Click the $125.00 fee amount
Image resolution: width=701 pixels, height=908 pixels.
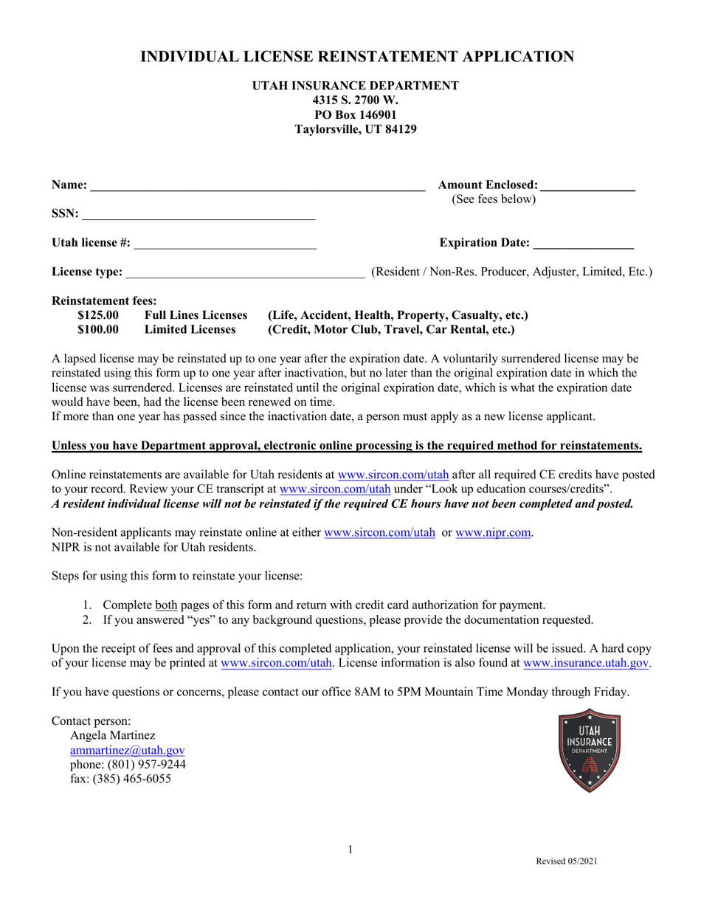[98, 315]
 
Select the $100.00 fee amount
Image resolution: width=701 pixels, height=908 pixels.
[98, 329]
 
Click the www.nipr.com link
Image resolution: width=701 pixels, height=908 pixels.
[493, 532]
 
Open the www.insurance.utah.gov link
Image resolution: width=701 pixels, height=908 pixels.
[586, 663]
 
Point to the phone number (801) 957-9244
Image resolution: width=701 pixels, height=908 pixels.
[128, 764]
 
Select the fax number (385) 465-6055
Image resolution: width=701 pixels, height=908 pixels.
[120, 778]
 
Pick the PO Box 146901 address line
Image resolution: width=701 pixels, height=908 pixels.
[356, 114]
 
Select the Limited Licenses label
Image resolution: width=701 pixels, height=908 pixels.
[190, 329]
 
